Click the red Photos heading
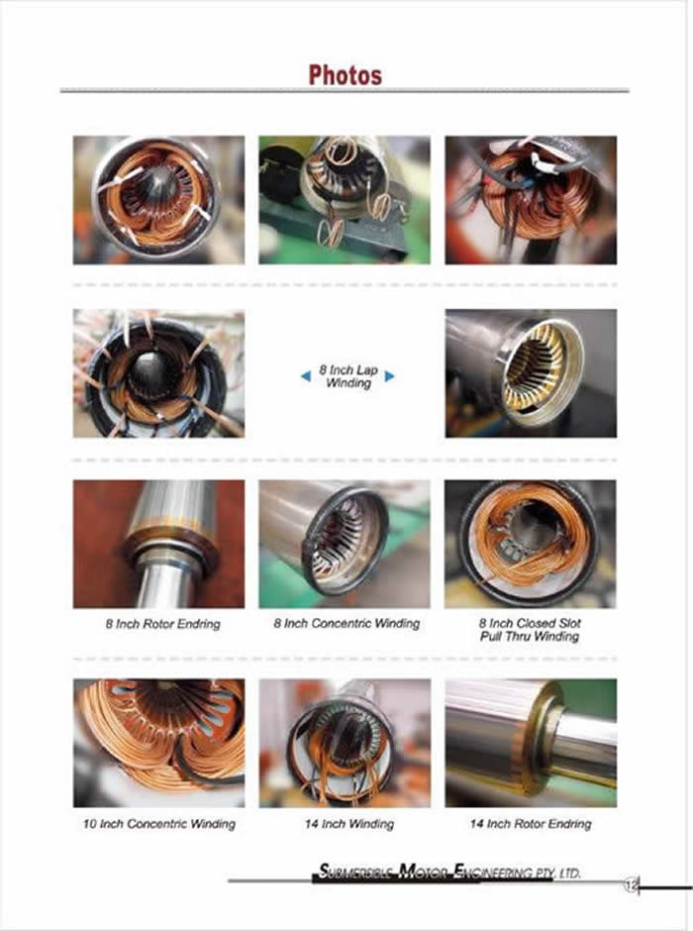(x=345, y=75)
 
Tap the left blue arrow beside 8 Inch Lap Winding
(x=306, y=375)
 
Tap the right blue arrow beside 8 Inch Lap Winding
(x=390, y=375)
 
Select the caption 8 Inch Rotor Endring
(x=163, y=624)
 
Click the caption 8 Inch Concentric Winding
(x=346, y=623)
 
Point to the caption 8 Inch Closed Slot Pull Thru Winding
(x=530, y=630)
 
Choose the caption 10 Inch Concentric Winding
(x=159, y=824)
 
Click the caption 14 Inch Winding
(x=349, y=824)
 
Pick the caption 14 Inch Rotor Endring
(x=531, y=824)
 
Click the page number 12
(x=630, y=886)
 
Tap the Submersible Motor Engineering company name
(x=449, y=872)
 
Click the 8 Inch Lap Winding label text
(x=348, y=376)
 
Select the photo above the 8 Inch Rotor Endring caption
(x=159, y=544)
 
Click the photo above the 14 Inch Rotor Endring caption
(x=531, y=743)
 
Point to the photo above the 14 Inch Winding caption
(x=345, y=743)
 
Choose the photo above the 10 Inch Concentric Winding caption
(x=159, y=743)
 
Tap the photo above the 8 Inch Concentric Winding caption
(x=345, y=544)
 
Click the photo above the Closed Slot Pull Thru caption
(x=531, y=544)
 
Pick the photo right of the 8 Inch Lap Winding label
(x=531, y=373)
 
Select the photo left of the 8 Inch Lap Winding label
(x=159, y=373)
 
